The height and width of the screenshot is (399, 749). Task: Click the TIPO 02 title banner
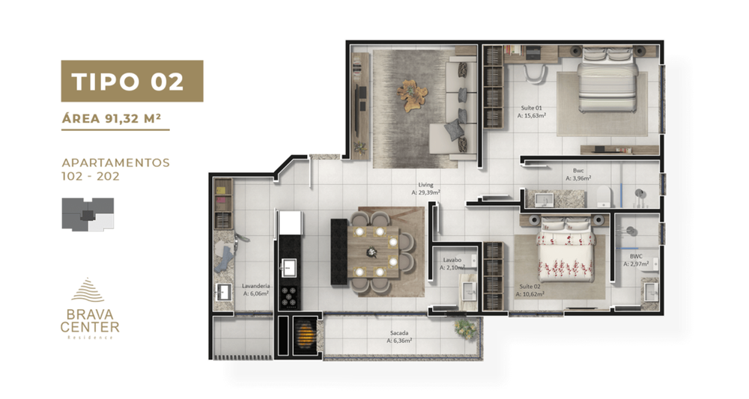[132, 81]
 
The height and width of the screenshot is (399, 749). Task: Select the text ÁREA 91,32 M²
[115, 118]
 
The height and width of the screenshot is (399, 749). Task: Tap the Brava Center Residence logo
[91, 308]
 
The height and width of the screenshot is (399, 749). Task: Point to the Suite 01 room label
[533, 112]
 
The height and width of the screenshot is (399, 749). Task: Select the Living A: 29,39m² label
[425, 189]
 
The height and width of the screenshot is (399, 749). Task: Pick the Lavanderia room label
[255, 290]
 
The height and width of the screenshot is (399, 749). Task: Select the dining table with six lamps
[377, 246]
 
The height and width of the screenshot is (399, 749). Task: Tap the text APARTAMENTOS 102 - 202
[115, 169]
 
